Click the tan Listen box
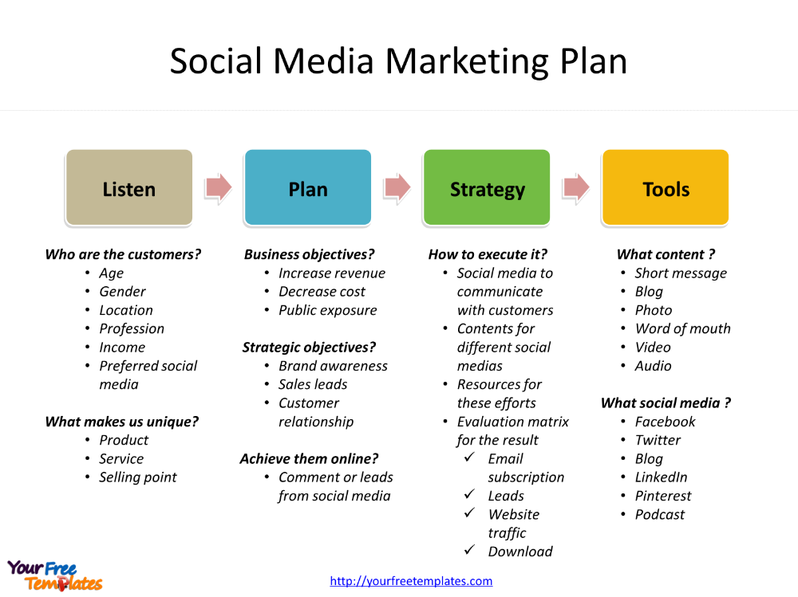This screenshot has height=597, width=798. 129,187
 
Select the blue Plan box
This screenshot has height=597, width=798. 308,187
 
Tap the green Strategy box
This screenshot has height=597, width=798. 487,187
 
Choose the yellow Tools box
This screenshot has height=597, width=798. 666,187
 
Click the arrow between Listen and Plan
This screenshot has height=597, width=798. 219,187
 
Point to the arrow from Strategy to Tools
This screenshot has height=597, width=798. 576,187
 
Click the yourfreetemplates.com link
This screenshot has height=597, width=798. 411,581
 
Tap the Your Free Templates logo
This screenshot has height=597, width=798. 55,575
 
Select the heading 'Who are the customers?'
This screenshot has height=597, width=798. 123,254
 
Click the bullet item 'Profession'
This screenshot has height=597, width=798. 132,329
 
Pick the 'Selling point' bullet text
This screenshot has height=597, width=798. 138,477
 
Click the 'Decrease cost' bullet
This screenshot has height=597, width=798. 322,292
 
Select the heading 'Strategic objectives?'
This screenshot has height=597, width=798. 309,348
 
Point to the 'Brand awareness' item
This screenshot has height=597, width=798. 333,366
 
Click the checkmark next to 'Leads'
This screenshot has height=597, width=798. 469,494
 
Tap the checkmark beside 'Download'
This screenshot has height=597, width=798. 469,550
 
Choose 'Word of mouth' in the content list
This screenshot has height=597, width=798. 683,329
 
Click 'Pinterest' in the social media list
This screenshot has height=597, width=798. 663,496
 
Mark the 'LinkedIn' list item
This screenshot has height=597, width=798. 661,477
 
